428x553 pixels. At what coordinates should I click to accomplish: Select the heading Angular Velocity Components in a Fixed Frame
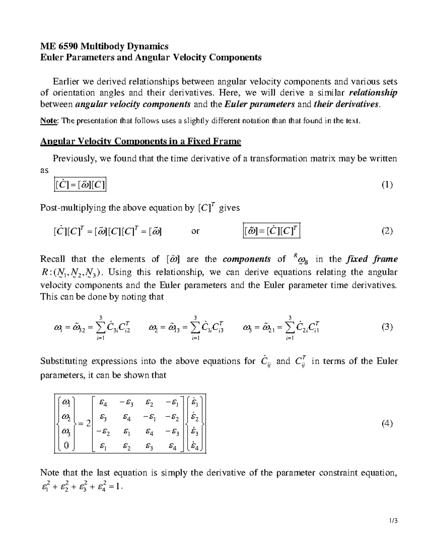point(141,142)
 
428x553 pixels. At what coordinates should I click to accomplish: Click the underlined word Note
point(49,121)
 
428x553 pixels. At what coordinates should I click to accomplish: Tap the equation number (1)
point(387,185)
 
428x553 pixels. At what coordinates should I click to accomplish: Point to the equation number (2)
point(387,231)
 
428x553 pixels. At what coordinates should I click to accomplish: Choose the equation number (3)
point(387,327)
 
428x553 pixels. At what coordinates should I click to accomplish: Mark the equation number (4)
point(387,423)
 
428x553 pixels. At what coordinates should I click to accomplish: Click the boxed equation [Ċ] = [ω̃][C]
point(80,185)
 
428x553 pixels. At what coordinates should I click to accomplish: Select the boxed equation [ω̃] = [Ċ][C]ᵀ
point(271,231)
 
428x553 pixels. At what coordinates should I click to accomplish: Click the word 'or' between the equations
point(195,231)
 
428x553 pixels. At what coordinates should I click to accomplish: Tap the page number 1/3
point(393,521)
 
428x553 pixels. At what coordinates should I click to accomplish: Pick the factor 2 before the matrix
point(88,423)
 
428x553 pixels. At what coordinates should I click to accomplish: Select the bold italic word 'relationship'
point(373,93)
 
